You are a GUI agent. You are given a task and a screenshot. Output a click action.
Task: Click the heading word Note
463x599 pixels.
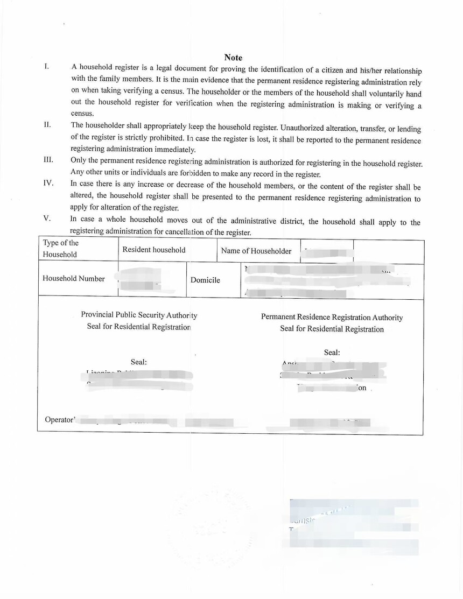(x=233, y=58)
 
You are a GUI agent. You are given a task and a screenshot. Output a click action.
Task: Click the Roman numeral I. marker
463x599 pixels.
(x=47, y=66)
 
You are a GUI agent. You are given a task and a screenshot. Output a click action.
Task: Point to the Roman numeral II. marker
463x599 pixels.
(x=47, y=124)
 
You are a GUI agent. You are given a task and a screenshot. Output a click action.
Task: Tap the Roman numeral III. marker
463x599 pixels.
(x=48, y=159)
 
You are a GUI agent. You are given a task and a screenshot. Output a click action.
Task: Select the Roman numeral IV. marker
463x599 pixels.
(x=48, y=183)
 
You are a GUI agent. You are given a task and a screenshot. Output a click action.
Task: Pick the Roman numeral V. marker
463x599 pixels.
(x=47, y=218)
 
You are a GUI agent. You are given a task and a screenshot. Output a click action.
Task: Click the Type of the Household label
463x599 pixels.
(x=60, y=249)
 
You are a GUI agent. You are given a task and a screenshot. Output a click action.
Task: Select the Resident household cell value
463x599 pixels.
(x=153, y=250)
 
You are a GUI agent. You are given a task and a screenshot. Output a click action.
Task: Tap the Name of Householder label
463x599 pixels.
(x=256, y=251)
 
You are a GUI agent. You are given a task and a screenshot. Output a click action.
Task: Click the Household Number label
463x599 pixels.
(x=74, y=278)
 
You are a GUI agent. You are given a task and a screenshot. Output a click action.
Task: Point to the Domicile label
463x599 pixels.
(x=205, y=280)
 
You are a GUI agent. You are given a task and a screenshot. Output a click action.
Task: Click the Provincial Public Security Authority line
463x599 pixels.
(x=139, y=315)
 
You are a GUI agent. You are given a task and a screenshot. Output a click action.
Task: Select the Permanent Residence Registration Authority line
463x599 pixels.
(x=332, y=317)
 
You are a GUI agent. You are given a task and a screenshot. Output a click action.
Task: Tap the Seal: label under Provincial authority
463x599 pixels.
(x=138, y=362)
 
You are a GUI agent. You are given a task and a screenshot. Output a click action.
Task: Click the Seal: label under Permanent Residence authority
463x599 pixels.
(x=332, y=353)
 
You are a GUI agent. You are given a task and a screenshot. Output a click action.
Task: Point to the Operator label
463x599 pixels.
(x=59, y=419)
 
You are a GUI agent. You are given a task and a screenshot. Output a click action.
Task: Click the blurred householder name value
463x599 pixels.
(x=326, y=252)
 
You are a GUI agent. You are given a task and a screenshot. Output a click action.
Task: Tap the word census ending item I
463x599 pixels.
(x=82, y=113)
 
